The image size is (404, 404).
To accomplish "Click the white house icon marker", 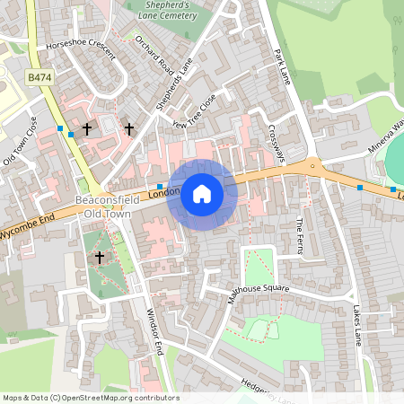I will pyautogui.click(x=202, y=193).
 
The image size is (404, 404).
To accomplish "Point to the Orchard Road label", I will pyautogui.click(x=153, y=55).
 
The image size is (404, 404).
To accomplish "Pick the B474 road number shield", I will pyautogui.click(x=40, y=79).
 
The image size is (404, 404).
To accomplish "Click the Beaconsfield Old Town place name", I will pyautogui.click(x=107, y=207).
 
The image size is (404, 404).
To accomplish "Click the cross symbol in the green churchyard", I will pyautogui.click(x=99, y=258).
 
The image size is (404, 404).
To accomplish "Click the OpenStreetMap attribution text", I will pyautogui.click(x=90, y=398).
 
